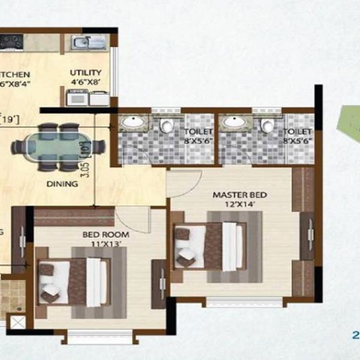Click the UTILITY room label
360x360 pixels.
click(x=82, y=72)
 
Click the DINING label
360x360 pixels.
click(x=62, y=184)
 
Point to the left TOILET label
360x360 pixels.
click(x=196, y=131)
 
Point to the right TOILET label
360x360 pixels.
click(x=297, y=131)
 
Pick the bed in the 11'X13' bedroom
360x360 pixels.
click(x=75, y=281)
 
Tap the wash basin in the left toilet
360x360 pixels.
click(x=133, y=123)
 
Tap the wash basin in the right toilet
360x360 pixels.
click(x=233, y=122)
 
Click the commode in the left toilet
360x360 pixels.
click(x=166, y=125)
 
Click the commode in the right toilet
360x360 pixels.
click(x=268, y=125)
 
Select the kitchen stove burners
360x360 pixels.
click(x=11, y=43)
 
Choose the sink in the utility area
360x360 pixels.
click(x=88, y=42)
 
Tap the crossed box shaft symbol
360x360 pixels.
click(x=18, y=323)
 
